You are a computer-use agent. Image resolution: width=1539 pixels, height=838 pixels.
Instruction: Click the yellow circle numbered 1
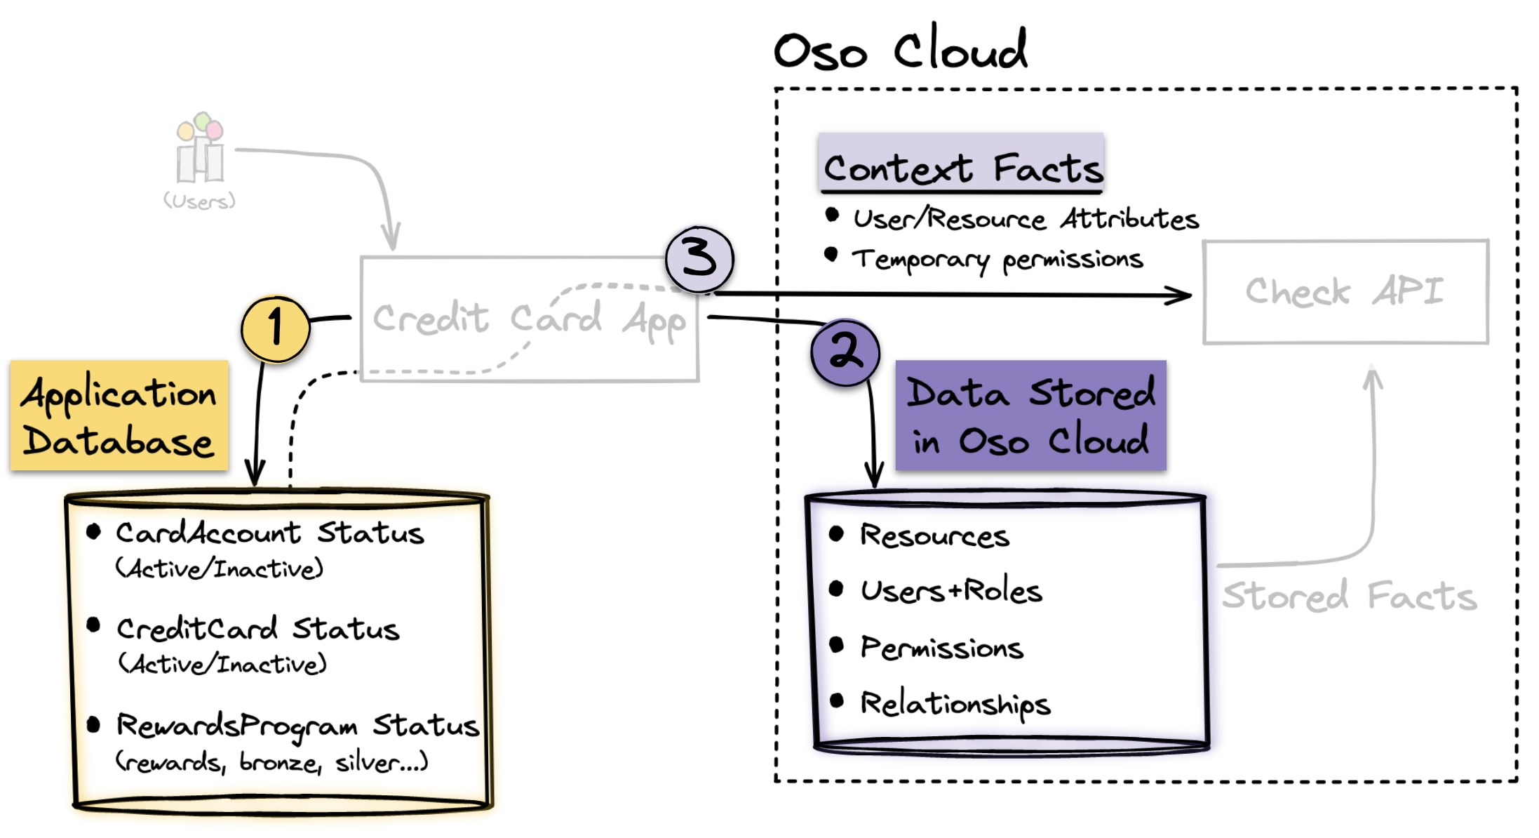pos(275,328)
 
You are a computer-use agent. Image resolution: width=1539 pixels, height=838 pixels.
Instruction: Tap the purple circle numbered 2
pos(845,352)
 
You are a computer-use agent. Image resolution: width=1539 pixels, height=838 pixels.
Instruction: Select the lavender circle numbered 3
pos(699,259)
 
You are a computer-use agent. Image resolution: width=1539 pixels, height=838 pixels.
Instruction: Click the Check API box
pos(1345,292)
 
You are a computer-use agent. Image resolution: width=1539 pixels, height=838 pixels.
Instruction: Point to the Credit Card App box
pos(529,319)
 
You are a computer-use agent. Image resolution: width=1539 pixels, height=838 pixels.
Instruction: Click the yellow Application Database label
pos(119,415)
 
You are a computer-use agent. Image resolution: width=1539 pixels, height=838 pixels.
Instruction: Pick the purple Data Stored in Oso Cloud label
pos(1030,415)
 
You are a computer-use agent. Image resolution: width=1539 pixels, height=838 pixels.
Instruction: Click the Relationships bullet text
pos(955,703)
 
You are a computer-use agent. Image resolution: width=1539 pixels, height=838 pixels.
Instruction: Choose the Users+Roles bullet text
pos(951,591)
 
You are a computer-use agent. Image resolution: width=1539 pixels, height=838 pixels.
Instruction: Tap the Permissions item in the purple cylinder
pos(941,647)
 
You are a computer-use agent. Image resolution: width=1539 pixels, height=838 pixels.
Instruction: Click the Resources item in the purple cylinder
pos(934,536)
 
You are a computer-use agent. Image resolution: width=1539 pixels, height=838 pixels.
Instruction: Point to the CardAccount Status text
pos(269,533)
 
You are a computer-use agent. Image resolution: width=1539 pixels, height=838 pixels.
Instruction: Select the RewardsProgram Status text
pos(297,726)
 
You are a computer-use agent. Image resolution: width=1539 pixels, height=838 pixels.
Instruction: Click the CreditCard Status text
pos(257,629)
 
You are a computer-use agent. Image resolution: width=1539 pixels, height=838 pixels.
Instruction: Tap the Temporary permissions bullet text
pos(997,260)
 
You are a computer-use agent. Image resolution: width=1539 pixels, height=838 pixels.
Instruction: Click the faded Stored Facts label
pos(1349,597)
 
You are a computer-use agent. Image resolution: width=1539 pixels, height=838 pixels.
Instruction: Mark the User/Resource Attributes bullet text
pos(1026,219)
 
